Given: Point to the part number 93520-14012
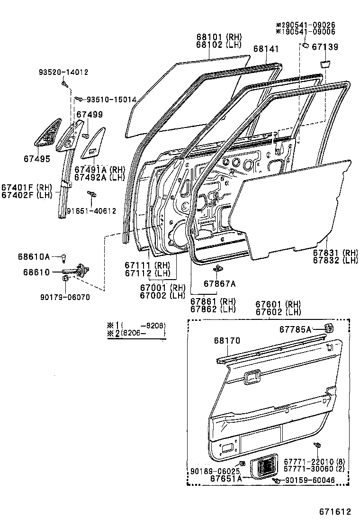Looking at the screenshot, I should tap(63, 72).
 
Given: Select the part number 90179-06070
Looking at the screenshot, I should tap(66, 297).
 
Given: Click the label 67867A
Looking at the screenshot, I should tap(219, 283).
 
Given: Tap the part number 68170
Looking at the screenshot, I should tap(226, 341).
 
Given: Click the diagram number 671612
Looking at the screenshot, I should tap(334, 512).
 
